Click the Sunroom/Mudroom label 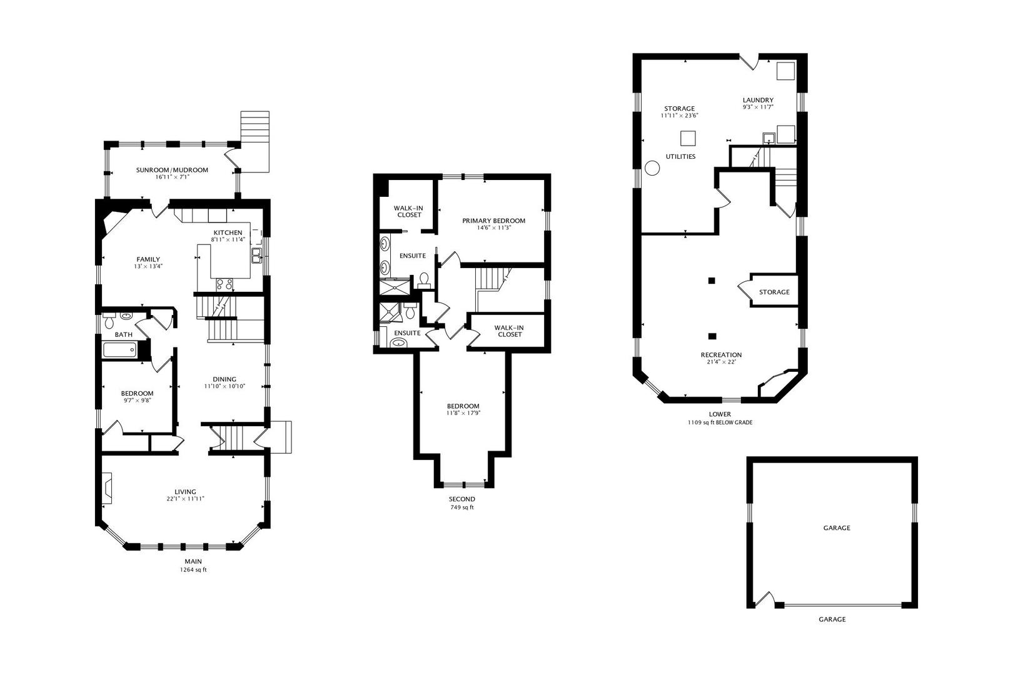(x=172, y=170)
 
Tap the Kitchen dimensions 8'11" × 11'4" (x=228, y=239)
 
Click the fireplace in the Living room (x=107, y=488)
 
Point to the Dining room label (x=224, y=379)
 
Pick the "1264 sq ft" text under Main (x=193, y=570)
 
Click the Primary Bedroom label (x=493, y=221)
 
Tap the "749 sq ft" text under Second (x=461, y=507)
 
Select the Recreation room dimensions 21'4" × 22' (x=721, y=362)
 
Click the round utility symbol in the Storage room (x=652, y=168)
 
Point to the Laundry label (x=758, y=100)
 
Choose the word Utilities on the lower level (x=680, y=156)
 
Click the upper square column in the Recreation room (x=712, y=281)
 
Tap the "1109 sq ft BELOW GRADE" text (x=720, y=422)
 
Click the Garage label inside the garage (x=837, y=527)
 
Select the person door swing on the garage (x=764, y=600)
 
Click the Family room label (x=148, y=259)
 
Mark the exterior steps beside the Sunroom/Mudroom (x=255, y=141)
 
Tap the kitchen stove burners (x=224, y=284)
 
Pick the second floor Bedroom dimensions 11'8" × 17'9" (x=463, y=412)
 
